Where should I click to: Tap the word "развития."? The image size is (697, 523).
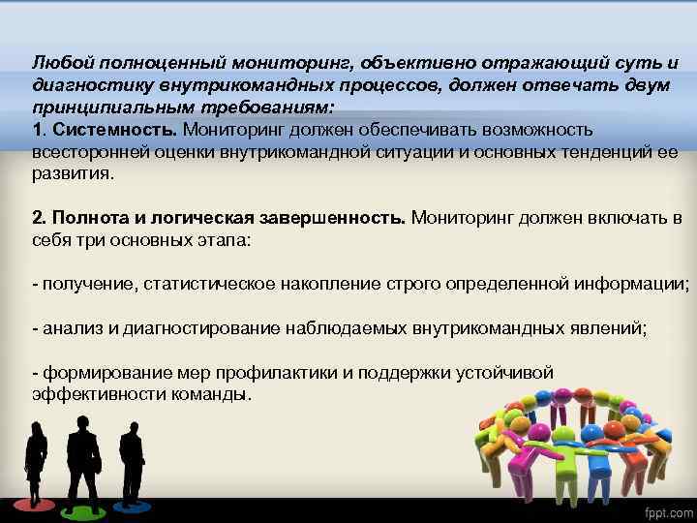tap(73, 174)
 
